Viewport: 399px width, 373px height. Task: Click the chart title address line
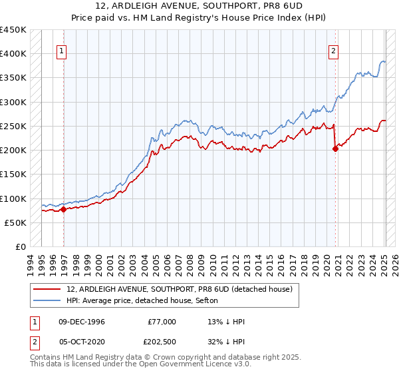pos(199,6)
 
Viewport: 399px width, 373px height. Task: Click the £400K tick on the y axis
pos(13,54)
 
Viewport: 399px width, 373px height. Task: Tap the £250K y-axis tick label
pos(13,126)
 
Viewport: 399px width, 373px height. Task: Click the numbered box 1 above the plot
pos(61,49)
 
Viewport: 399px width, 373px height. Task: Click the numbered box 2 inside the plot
pos(332,49)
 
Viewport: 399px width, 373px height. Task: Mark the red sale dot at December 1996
pos(64,209)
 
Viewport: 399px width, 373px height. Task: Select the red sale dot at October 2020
pos(335,149)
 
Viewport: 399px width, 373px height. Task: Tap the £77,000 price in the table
pos(162,322)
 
